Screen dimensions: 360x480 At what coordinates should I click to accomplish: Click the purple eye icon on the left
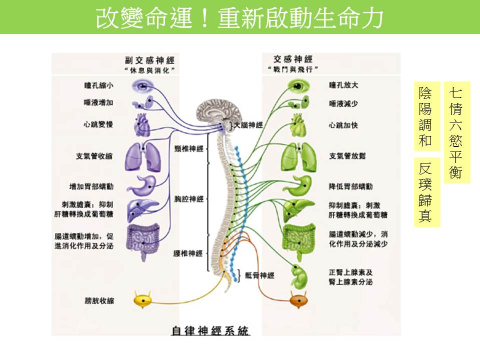143,86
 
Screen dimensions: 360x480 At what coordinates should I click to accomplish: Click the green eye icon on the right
300,86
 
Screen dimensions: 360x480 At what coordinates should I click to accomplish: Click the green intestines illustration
300,236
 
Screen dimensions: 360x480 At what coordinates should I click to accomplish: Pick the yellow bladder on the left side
143,300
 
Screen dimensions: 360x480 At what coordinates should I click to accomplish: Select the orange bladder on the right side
300,301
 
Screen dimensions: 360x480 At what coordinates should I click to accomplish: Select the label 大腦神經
248,125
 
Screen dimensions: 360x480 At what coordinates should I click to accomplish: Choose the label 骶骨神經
260,275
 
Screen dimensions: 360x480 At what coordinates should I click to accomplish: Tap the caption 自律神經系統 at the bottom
210,330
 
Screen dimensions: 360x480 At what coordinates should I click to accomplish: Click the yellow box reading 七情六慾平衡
456,133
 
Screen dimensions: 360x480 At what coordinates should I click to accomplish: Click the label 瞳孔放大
343,85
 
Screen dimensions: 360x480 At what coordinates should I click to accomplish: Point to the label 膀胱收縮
100,300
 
